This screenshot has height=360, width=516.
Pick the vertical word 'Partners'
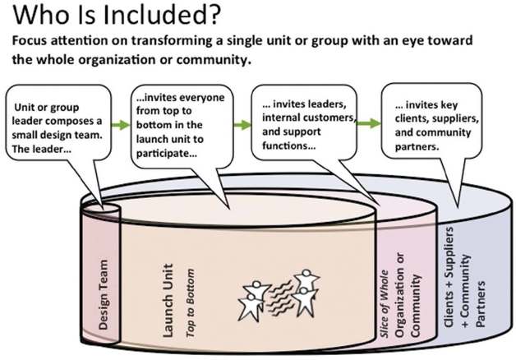click(482, 279)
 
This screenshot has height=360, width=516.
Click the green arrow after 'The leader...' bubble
click(120, 125)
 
